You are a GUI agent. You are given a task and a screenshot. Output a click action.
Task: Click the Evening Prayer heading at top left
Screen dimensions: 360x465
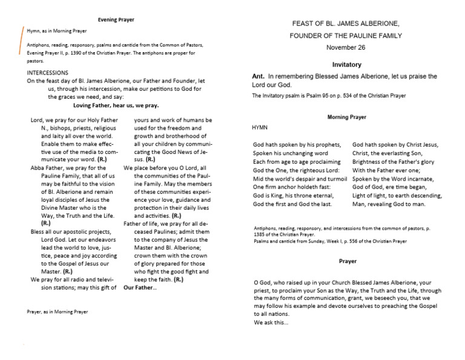(x=116, y=20)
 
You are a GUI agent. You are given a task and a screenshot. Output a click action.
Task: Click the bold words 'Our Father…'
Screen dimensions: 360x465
(x=140, y=287)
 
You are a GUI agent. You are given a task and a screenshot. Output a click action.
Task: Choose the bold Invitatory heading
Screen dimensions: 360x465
(x=346, y=64)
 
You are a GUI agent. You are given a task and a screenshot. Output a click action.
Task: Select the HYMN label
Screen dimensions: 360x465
(x=260, y=128)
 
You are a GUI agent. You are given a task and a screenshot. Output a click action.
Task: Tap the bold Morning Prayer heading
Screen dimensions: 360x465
(x=346, y=116)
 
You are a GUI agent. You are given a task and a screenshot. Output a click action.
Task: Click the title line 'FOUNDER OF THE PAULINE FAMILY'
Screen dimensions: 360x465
(x=346, y=35)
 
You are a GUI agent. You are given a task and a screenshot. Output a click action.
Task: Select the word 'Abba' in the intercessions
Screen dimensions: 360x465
(x=38, y=167)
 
